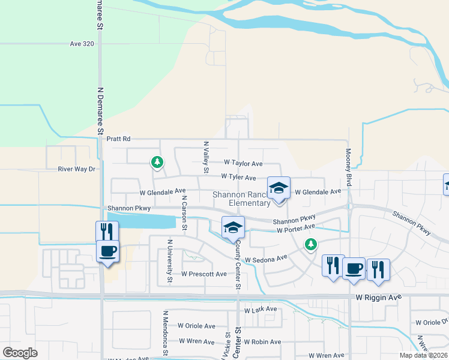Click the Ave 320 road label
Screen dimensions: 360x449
[82, 44]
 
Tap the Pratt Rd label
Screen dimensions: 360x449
[118, 139]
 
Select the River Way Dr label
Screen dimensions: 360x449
[77, 169]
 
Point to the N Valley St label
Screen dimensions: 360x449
[206, 157]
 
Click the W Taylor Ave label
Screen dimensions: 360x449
[243, 163]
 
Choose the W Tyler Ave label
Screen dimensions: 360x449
[238, 178]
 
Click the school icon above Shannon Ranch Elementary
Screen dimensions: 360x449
[279, 188]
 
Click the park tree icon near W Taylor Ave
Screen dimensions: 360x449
[157, 161]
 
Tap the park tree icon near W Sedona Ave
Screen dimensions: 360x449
[310, 244]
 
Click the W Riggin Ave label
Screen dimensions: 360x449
[377, 297]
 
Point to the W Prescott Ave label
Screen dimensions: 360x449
[204, 274]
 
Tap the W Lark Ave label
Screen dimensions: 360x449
[261, 310]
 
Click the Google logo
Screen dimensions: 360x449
[20, 353]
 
